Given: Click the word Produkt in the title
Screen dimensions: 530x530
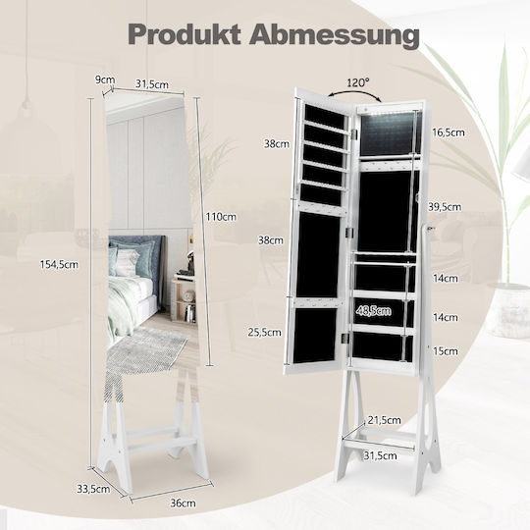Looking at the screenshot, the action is (x=185, y=34).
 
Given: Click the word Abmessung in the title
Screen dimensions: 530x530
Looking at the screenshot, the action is (x=335, y=36).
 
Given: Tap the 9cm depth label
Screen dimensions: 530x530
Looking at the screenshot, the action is (x=105, y=79).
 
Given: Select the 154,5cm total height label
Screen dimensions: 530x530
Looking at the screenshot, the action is (x=59, y=264).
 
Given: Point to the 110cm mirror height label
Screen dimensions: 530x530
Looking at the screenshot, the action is (x=221, y=217).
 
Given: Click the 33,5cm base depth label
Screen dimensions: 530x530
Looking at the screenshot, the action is (x=93, y=489).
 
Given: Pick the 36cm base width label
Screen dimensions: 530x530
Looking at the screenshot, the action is (x=183, y=503).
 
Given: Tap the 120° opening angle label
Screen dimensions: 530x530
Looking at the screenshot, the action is (x=358, y=82).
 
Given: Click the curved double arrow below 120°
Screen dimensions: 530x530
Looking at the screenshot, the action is (x=355, y=93).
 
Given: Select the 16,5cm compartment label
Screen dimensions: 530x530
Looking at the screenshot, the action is (x=449, y=132).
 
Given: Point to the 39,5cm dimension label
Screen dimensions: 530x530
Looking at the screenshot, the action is (x=445, y=207).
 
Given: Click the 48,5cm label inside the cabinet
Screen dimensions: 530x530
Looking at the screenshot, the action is (x=374, y=311).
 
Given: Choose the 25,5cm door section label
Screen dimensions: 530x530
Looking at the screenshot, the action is (x=265, y=332).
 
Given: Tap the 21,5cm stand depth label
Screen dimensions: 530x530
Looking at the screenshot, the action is (x=385, y=420).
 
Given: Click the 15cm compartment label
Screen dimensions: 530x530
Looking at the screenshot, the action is (x=446, y=351).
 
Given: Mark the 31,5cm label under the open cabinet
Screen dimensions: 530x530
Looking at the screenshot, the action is (x=380, y=455).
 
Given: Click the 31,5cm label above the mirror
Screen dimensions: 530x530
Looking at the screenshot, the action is (x=152, y=83).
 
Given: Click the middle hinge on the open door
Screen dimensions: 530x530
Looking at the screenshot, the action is (x=348, y=233).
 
